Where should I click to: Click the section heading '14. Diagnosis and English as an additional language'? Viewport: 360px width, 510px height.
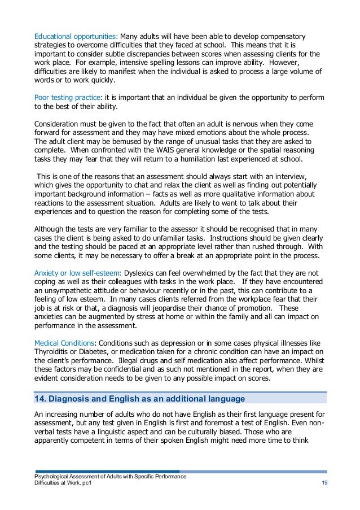(x=139, y=399)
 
